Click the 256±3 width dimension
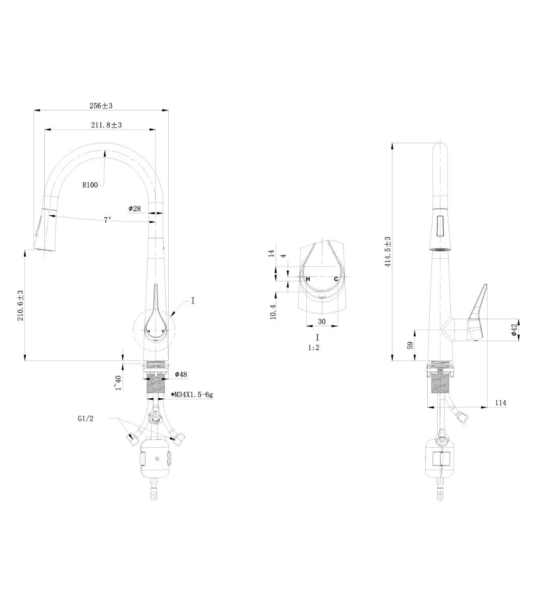(101, 106)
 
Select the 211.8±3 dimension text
(106, 125)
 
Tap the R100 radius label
(90, 185)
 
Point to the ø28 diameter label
(135, 208)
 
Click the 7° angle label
(107, 220)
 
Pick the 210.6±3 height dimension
(21, 305)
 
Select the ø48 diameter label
(181, 374)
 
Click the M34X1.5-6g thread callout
(192, 395)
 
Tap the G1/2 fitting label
(86, 418)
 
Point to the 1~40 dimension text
(118, 383)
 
